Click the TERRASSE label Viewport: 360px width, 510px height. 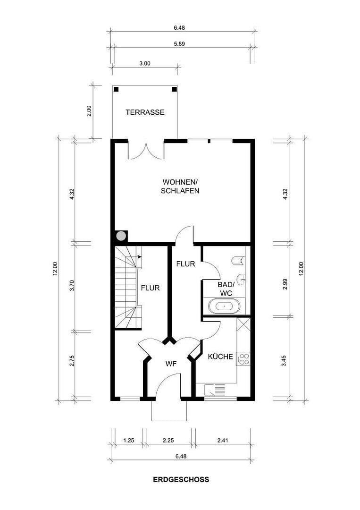coord(145,112)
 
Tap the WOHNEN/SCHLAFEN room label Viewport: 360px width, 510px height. coord(180,187)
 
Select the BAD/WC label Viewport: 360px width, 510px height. coord(226,289)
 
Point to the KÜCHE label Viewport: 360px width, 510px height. coord(221,357)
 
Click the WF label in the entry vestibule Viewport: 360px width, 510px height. coord(171,364)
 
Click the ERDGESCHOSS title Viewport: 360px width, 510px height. coord(181,479)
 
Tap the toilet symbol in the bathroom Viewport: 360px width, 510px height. coord(238,260)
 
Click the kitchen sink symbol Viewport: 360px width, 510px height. coord(215,390)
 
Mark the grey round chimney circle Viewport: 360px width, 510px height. coord(121,235)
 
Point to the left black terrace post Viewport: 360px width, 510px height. coord(116,89)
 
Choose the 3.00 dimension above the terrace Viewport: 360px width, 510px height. coord(145,63)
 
